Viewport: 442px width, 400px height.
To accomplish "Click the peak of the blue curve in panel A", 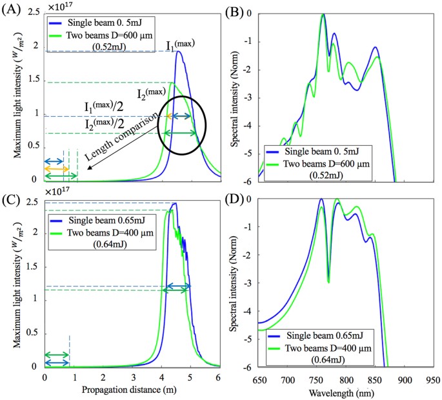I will point(178,52).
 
